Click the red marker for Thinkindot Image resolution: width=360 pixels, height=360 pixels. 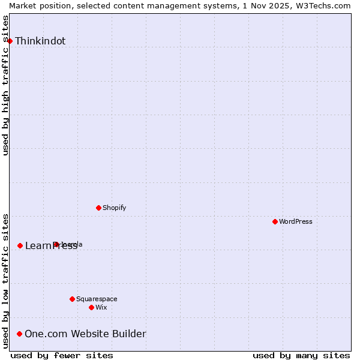[x=10, y=41]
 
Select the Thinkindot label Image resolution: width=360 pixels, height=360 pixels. [x=40, y=41]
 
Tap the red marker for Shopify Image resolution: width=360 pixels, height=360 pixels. [x=98, y=208]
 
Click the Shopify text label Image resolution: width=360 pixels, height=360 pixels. [x=114, y=208]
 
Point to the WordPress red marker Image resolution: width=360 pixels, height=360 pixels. [x=275, y=221]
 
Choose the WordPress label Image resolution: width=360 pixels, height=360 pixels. [x=296, y=222]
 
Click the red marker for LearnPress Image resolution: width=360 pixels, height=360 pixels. [x=20, y=245]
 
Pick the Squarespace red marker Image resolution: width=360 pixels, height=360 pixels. [x=72, y=299]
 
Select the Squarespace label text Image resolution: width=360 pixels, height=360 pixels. [x=97, y=299]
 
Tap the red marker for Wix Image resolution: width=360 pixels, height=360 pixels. [x=91, y=307]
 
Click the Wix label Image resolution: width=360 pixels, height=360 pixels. [x=101, y=308]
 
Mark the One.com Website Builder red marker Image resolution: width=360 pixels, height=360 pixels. [x=20, y=334]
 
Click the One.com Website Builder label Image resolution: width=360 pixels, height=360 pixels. [x=85, y=334]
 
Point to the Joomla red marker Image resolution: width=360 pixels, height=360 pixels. [x=56, y=244]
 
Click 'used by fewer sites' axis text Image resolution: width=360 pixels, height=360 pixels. [x=62, y=356]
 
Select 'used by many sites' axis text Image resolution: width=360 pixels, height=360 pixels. [x=301, y=356]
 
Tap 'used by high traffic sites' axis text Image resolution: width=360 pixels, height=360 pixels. [x=6, y=85]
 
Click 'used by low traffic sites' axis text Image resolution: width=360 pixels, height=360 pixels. [x=6, y=281]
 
